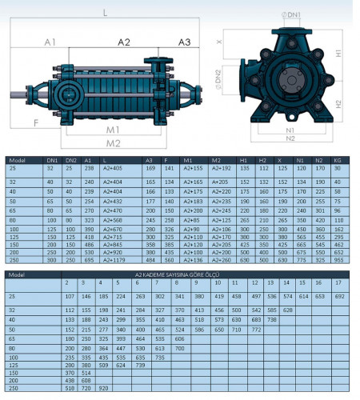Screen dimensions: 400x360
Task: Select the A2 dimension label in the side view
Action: [124, 42]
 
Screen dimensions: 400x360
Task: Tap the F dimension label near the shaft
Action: [36, 123]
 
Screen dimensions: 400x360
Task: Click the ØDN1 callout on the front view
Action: [295, 14]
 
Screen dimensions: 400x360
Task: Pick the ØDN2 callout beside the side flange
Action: [239, 79]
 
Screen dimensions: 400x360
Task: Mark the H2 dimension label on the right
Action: [338, 103]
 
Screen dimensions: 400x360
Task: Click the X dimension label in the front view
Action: [241, 36]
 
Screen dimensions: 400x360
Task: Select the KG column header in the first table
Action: [337, 160]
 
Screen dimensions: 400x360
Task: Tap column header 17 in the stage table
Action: [338, 282]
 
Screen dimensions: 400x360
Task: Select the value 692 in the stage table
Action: [339, 296]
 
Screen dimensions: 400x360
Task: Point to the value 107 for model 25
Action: [69, 296]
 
